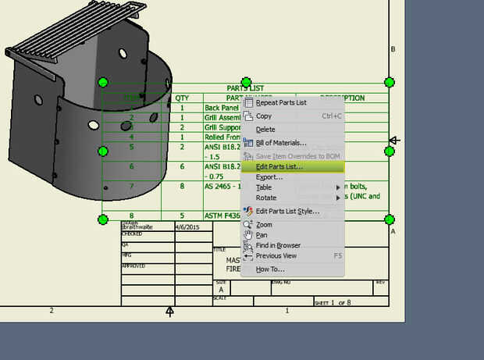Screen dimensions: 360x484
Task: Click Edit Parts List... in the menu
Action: point(279,166)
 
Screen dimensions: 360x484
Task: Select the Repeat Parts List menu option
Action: point(281,102)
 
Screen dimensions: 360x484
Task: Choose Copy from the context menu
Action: point(264,116)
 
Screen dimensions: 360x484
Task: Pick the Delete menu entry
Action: point(265,130)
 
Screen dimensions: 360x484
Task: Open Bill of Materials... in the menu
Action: point(281,143)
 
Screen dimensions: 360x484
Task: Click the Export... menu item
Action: point(269,177)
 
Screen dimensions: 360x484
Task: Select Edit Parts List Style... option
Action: point(287,212)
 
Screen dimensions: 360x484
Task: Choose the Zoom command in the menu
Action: point(265,225)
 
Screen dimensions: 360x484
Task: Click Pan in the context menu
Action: point(262,235)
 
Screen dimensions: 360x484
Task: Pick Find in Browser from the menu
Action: point(278,245)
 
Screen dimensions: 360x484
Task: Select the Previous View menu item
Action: point(276,255)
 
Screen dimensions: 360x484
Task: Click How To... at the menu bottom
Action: point(270,269)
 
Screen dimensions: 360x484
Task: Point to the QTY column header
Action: point(182,98)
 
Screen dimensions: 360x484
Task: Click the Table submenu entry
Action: point(264,187)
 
